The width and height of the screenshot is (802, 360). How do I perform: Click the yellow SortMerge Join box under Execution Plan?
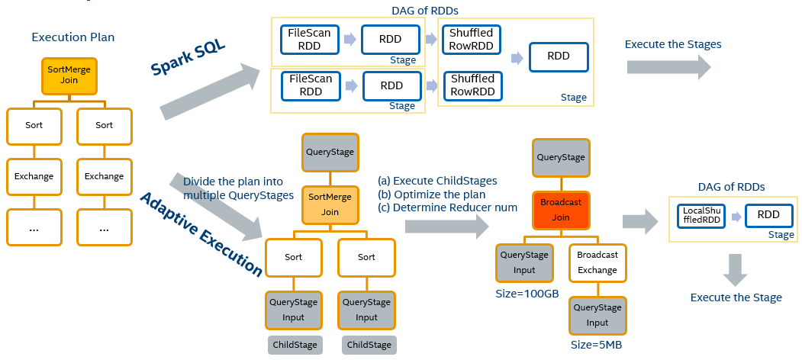click(x=69, y=76)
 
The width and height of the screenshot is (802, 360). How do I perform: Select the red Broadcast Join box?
click(x=561, y=210)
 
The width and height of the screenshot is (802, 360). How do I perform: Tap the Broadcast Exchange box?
click(x=597, y=262)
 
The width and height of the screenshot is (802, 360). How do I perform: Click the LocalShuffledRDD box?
click(x=701, y=215)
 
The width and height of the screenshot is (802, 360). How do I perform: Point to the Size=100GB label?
click(x=527, y=294)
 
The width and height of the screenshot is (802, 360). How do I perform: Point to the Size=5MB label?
click(x=597, y=345)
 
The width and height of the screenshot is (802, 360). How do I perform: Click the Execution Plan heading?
click(x=73, y=37)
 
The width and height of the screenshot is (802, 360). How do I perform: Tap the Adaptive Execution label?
click(x=201, y=234)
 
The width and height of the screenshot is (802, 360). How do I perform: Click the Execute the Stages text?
click(x=673, y=44)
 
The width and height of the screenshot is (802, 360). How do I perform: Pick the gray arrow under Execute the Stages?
click(x=669, y=67)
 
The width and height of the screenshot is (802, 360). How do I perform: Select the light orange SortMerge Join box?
click(x=330, y=205)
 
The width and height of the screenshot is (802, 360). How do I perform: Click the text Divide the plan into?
click(x=233, y=182)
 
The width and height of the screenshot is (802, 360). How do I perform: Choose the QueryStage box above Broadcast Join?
click(x=561, y=157)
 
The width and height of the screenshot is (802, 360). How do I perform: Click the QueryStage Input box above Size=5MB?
click(x=597, y=316)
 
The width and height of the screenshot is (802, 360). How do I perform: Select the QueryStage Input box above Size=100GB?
click(x=524, y=262)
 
